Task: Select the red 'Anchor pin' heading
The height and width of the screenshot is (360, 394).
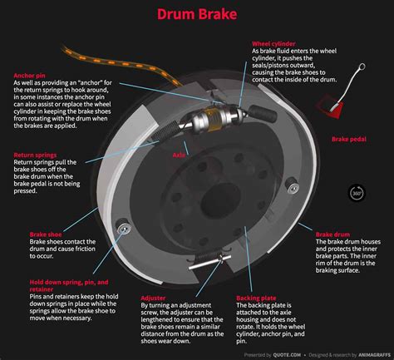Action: (30, 75)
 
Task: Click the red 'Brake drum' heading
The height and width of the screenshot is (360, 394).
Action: (333, 235)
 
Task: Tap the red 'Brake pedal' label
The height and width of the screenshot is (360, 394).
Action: (349, 140)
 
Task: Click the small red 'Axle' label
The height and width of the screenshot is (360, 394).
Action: (178, 155)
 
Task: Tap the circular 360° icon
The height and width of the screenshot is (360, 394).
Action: (357, 192)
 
